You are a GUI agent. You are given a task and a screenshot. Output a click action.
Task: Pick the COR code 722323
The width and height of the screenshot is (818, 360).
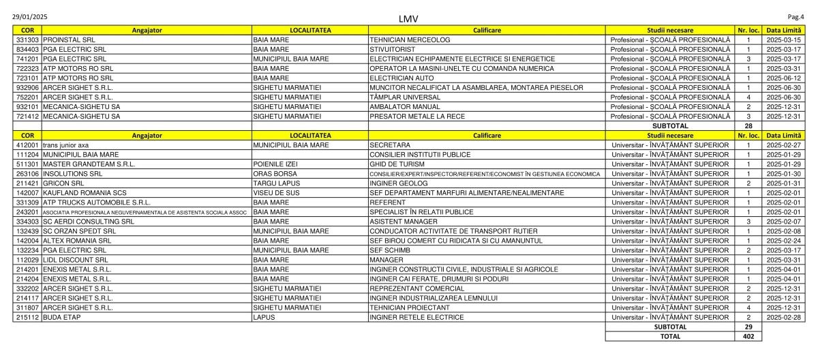[x=27, y=69]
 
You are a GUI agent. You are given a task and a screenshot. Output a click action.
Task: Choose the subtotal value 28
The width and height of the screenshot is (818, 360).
[x=748, y=126]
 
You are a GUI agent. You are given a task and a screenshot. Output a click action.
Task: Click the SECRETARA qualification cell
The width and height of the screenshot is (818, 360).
[x=390, y=145]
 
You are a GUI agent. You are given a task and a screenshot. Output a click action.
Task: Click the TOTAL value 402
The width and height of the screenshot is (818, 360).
[x=748, y=336]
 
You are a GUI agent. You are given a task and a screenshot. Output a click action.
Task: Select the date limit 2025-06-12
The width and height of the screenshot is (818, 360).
[x=783, y=78]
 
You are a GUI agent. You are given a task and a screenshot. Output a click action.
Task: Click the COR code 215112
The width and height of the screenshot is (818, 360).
[x=27, y=317]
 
